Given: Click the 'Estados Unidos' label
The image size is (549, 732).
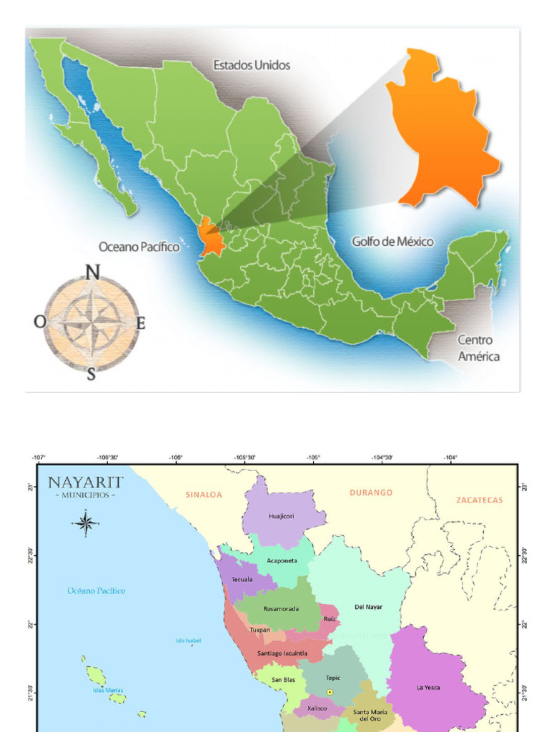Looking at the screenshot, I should pos(252,65).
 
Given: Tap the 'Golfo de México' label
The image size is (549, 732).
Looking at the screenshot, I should pos(392,242).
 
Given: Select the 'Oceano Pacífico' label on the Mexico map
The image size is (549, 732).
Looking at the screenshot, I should pos(139,247).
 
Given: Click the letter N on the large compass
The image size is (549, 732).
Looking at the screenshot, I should pos(92,272).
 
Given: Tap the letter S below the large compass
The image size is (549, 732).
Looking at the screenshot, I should pos(91,374).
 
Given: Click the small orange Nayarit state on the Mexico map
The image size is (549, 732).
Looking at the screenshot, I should pos(210,238).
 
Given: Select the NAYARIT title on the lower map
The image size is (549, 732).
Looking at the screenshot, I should pos(86,483).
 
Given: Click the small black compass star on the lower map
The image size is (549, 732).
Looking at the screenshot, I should pos(86,523).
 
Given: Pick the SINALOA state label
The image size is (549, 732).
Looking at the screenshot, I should pos(204,494).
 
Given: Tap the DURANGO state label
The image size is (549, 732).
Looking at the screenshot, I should pos(371,493).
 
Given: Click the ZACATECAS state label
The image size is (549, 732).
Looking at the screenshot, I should pos(479,500).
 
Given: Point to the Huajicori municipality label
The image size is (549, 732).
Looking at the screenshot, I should pos(281,515).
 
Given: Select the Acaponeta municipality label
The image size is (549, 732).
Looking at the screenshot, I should pos(282,561).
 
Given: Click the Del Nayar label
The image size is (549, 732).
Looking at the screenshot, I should pos(368,607).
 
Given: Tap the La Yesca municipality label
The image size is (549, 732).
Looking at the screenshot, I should pos(428,688).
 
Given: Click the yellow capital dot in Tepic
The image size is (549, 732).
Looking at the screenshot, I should pos(330,692).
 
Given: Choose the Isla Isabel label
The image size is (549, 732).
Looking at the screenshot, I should pos(189,640).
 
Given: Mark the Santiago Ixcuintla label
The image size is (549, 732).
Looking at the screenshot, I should pos(282,653).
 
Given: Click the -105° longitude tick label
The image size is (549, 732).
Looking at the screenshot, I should pos(313,457).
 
